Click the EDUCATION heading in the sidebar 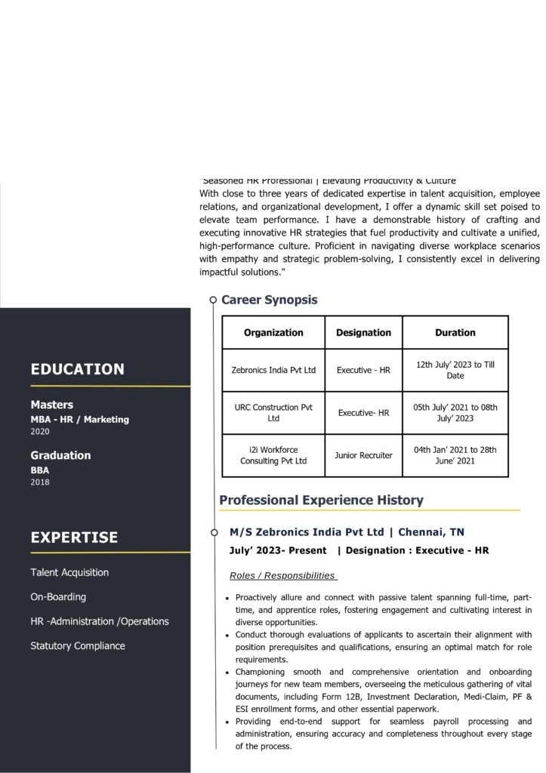(77, 369)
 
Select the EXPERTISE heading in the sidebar (74, 537)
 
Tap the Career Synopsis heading (269, 300)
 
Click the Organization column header (273, 332)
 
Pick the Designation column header (363, 332)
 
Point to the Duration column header (455, 332)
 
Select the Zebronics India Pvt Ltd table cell (273, 371)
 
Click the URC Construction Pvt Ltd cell (273, 412)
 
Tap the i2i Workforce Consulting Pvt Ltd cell (273, 455)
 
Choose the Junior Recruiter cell (363, 455)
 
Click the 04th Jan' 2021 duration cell (455, 455)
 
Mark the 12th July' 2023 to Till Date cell (455, 370)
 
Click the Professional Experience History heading (321, 500)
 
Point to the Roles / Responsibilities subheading (283, 576)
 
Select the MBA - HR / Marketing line (79, 420)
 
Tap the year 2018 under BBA (39, 482)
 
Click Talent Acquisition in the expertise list (69, 572)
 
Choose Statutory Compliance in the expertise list (78, 646)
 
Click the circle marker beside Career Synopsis (214, 300)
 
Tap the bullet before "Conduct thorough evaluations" (227, 636)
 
